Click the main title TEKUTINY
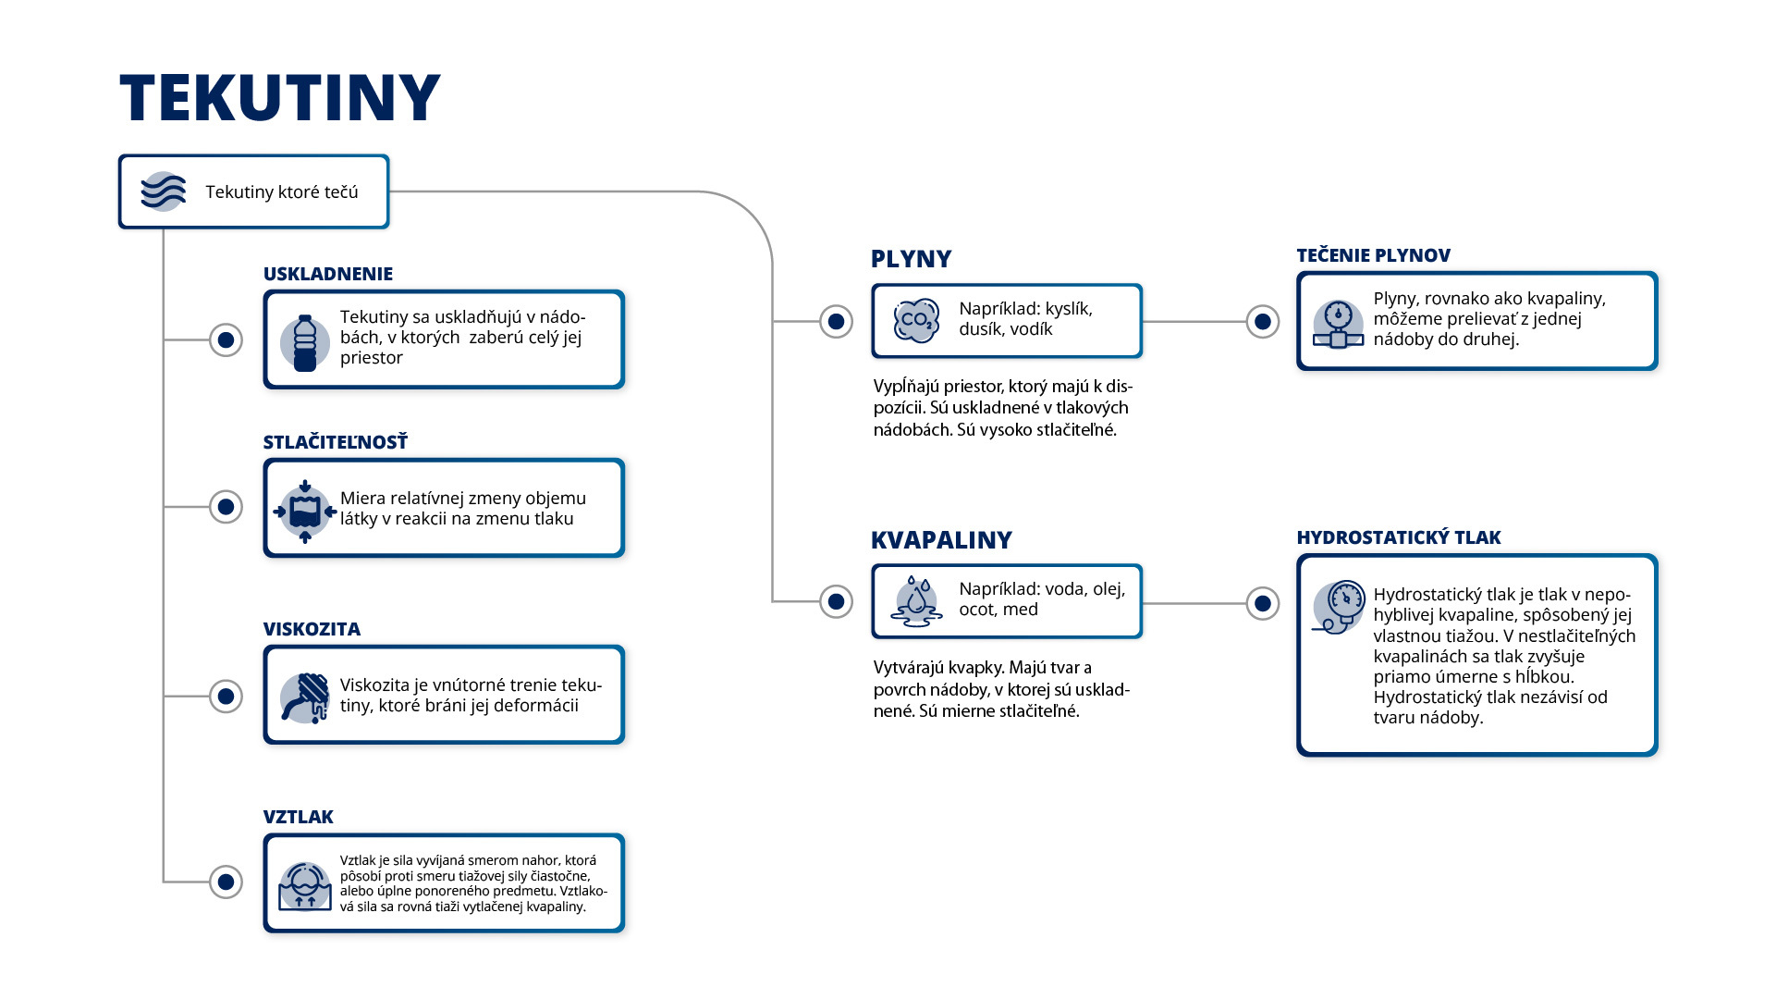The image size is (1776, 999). coord(280,98)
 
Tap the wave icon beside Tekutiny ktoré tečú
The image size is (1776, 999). coord(163,191)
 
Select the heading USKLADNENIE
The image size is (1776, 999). coord(328,274)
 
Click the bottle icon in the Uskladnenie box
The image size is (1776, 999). coord(305,342)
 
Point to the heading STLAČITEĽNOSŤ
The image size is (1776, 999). coord(336,442)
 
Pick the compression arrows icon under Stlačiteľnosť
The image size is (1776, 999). coord(305,512)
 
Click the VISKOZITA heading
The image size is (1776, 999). coord(312,629)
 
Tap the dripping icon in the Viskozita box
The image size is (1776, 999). coord(305,697)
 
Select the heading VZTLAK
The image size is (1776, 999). coord(298,817)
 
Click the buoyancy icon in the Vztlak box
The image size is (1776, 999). coord(305,886)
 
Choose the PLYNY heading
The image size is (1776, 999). coord(911,259)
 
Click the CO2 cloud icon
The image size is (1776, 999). coord(916,321)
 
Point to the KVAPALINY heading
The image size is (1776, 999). coord(941,540)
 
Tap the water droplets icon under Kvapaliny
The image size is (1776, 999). coord(916,601)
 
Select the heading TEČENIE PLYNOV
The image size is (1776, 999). coord(1373,255)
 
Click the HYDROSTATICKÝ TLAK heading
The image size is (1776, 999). coord(1398,537)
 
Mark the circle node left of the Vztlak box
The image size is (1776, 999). coord(226,882)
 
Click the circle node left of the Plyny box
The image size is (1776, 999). coord(836,321)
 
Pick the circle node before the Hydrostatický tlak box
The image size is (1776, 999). coord(1263,603)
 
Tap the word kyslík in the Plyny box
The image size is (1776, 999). coord(1069,309)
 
